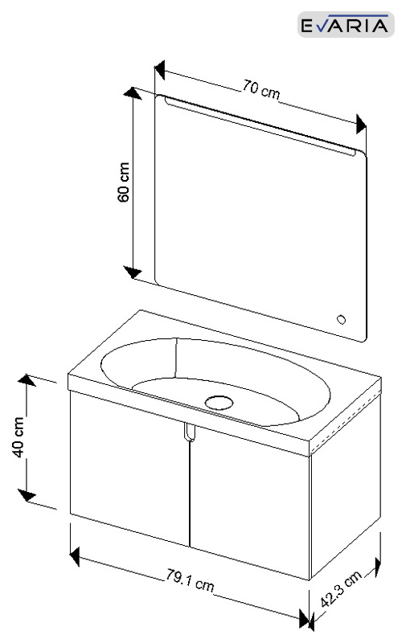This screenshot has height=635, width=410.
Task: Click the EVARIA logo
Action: click(x=346, y=24)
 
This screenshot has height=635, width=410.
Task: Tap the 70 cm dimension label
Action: click(x=261, y=90)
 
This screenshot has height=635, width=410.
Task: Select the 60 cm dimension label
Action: click(x=124, y=182)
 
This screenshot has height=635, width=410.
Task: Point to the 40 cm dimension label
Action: click(x=18, y=437)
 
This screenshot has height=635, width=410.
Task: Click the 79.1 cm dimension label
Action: click(x=190, y=580)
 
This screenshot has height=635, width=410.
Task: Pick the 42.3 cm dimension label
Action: click(x=341, y=589)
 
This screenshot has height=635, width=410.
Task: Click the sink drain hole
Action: click(x=219, y=403)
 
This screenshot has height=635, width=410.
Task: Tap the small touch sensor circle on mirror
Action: click(x=342, y=320)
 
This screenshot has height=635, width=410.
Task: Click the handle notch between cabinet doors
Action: click(x=189, y=432)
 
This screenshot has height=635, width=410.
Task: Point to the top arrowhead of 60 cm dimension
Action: click(x=133, y=93)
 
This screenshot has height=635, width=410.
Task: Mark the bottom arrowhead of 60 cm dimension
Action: click(x=133, y=272)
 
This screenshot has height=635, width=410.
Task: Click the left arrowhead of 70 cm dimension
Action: click(x=160, y=71)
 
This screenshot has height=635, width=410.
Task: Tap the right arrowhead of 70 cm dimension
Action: click(x=361, y=124)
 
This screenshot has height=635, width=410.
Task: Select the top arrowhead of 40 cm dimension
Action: click(x=27, y=380)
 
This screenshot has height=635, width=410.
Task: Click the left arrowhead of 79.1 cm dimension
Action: click(x=75, y=556)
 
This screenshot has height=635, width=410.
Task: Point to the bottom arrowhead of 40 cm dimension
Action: click(x=27, y=495)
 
